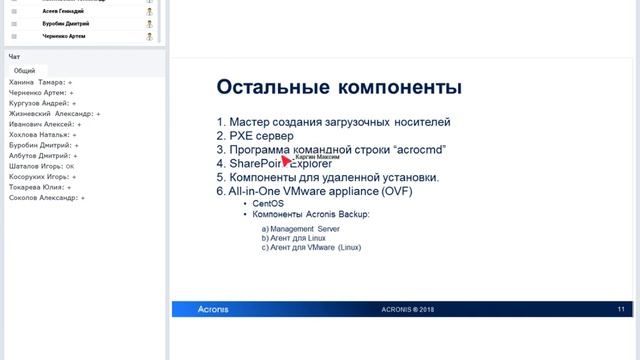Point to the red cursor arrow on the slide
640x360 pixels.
click(x=285, y=157)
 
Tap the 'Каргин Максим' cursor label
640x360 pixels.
click(x=318, y=157)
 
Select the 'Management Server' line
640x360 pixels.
click(x=301, y=228)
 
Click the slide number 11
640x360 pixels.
click(x=620, y=309)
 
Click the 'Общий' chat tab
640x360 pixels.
click(x=24, y=71)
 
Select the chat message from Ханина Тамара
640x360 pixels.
click(x=40, y=82)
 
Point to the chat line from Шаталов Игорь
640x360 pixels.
click(x=40, y=166)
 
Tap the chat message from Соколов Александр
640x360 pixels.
click(x=45, y=198)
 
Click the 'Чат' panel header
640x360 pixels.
click(x=14, y=57)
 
